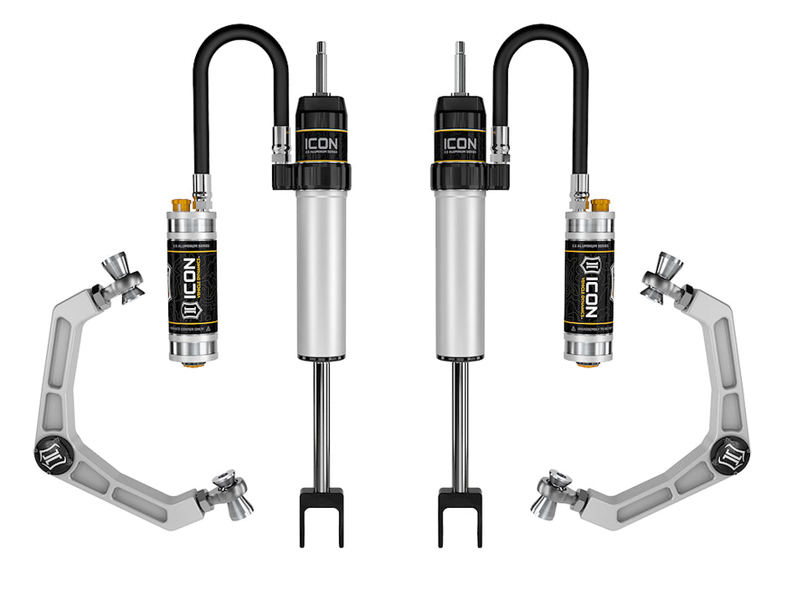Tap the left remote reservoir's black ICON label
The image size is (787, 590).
(x=192, y=287)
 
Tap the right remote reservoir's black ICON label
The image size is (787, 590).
(x=589, y=287)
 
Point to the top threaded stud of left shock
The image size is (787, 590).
(x=321, y=67)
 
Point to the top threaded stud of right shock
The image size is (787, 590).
(x=460, y=67)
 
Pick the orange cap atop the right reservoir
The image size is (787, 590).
(x=599, y=204)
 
